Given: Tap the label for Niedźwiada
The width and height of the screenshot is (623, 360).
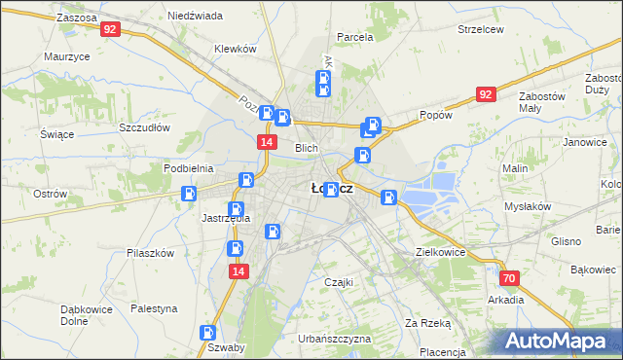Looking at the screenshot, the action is pos(195,16).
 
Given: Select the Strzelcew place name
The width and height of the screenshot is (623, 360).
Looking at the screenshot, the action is pos(480,29).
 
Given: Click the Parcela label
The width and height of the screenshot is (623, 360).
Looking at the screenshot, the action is pos(354,37).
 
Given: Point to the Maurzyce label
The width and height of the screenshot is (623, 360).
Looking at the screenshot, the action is pos(67,56).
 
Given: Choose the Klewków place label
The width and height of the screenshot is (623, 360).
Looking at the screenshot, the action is pos(235,49).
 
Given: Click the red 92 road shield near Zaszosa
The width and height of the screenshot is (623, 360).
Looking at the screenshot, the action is pos(110,30).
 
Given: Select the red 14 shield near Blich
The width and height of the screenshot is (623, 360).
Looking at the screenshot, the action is pos(265,142).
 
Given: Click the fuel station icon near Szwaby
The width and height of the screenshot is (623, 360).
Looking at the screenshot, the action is pos(207,332).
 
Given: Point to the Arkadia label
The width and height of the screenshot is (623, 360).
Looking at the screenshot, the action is pos(506,300).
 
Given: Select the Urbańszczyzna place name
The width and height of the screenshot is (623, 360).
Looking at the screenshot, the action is pos(335,339).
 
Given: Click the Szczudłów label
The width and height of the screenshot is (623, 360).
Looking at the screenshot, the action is pos(145,127).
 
